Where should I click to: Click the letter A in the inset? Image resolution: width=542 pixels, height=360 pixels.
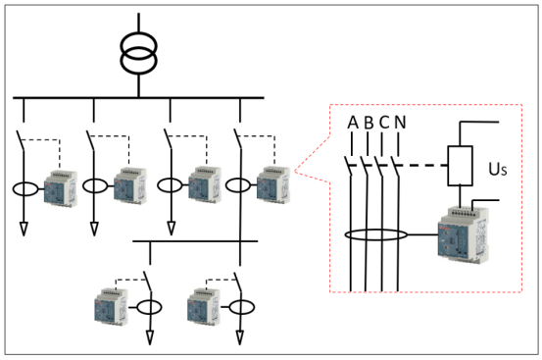pyautogui.click(x=352, y=123)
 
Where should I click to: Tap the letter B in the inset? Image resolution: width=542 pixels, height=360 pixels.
pyautogui.click(x=368, y=123)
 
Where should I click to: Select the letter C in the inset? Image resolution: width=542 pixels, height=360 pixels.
pyautogui.click(x=383, y=123)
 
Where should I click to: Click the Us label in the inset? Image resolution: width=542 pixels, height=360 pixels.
pyautogui.click(x=497, y=170)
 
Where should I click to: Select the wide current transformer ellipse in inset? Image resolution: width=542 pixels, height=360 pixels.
pyautogui.click(x=373, y=235)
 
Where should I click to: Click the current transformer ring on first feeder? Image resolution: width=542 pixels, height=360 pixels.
pyautogui.click(x=23, y=186)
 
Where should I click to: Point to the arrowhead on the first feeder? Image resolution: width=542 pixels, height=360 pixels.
pyautogui.click(x=23, y=229)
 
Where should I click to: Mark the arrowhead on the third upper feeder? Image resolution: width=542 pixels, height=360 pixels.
pyautogui.click(x=171, y=229)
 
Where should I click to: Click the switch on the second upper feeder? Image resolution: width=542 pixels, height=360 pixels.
pyautogui.click(x=91, y=140)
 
